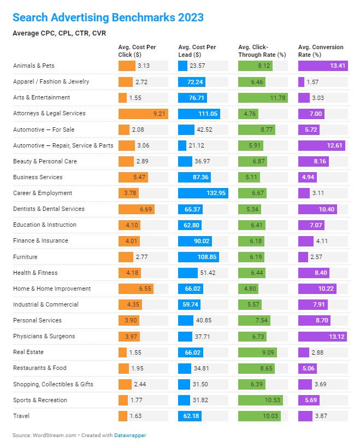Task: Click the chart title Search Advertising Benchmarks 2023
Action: click(108, 17)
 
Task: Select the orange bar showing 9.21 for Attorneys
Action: click(143, 114)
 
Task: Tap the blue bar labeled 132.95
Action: click(203, 193)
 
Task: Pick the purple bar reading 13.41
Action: click(323, 66)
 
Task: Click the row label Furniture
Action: click(25, 256)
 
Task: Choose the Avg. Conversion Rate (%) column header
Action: click(321, 51)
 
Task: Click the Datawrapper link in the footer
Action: click(130, 436)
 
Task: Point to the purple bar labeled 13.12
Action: click(322, 336)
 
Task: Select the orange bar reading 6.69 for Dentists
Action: click(136, 209)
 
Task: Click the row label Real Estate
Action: click(28, 352)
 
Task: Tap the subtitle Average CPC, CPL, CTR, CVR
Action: click(59, 33)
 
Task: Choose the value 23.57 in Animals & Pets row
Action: click(198, 66)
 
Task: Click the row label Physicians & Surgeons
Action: click(44, 336)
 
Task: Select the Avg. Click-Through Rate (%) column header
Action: click(262, 51)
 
